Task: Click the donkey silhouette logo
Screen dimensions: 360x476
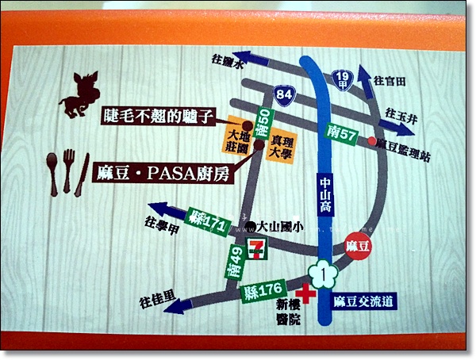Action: coord(83,94)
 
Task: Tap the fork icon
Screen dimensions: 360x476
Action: coord(68,170)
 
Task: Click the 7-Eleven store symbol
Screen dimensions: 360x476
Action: coord(256,247)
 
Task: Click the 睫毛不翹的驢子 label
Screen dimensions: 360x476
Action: coord(159,116)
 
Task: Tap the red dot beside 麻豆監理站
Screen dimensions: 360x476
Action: coord(371,142)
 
